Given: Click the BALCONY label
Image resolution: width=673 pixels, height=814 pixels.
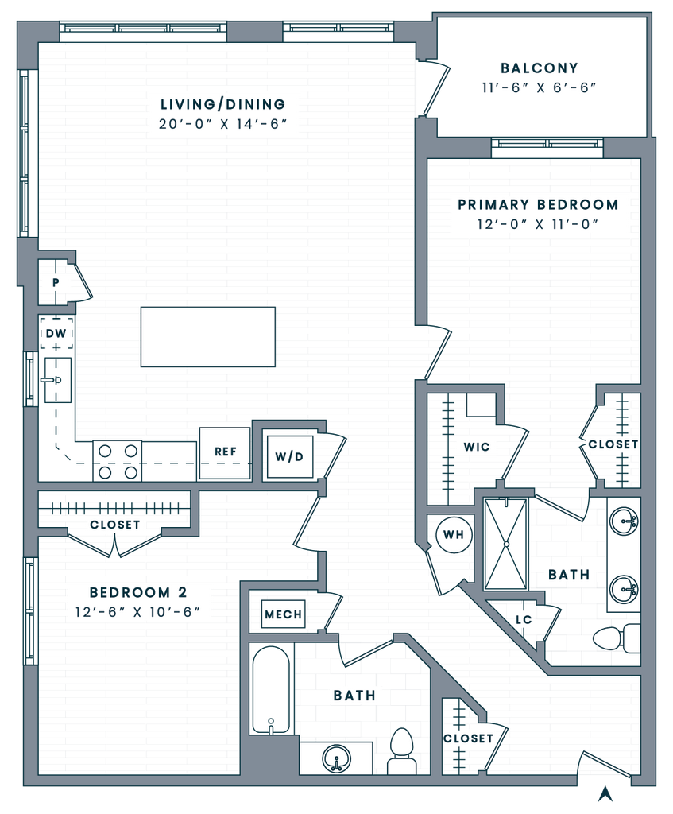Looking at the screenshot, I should point(540,68).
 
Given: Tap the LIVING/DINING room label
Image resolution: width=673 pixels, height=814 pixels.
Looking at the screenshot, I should point(222,104).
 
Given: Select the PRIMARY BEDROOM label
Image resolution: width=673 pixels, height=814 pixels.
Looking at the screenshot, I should point(538,204).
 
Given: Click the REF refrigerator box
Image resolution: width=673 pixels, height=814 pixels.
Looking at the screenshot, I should point(225,452).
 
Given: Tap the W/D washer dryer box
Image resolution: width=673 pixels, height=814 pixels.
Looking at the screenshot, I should point(289,457).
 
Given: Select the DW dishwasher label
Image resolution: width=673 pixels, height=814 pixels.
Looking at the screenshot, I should point(55,334).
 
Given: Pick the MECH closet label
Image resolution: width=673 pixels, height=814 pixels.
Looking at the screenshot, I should point(283,614).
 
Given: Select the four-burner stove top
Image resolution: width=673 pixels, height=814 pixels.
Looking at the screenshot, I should point(118,462).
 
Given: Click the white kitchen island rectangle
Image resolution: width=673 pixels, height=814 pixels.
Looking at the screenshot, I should point(207,337).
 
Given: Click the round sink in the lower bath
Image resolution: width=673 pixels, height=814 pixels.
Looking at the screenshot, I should point(337,760).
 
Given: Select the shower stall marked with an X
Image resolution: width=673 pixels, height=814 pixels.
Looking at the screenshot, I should point(507,544).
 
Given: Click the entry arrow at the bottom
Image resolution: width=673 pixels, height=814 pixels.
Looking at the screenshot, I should point(605,793).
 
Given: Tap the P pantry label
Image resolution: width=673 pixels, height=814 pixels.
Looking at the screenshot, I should point(56,281).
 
